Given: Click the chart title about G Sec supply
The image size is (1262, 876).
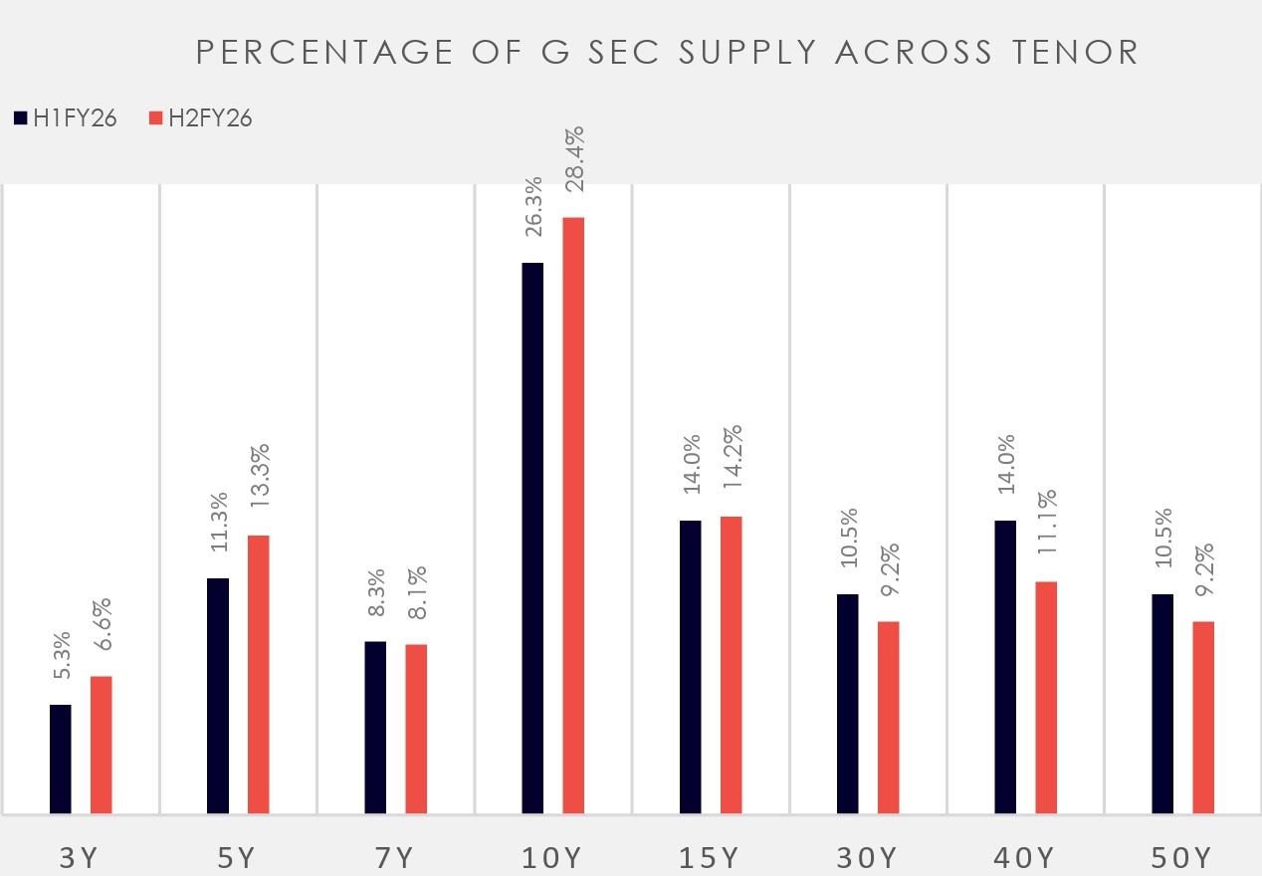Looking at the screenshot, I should point(667,53).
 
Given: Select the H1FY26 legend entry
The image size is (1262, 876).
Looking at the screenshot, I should point(66,118).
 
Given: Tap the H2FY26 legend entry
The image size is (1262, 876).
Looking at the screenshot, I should point(200,118).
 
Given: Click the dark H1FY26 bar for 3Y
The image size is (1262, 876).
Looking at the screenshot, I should point(61,760).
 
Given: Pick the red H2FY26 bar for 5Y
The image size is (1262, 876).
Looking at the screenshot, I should point(259,675).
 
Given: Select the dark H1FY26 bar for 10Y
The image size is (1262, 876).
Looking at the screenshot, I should point(533,539).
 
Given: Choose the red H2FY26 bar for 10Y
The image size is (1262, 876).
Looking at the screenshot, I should point(573,516).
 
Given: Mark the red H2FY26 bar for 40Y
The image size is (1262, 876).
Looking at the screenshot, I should point(1046,698).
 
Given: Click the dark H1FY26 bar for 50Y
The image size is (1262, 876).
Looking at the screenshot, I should point(1162,704).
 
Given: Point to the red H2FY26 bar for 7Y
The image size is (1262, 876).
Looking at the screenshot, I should point(416,730).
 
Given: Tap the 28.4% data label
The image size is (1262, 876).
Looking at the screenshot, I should point(574,166).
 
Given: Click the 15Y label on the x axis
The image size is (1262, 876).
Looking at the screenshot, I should point(711,858).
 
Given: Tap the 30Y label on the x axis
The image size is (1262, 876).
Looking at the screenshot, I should point(867,858).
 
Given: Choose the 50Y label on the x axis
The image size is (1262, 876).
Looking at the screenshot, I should point(1182,858).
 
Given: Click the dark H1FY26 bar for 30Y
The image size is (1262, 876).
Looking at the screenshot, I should point(848,704).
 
